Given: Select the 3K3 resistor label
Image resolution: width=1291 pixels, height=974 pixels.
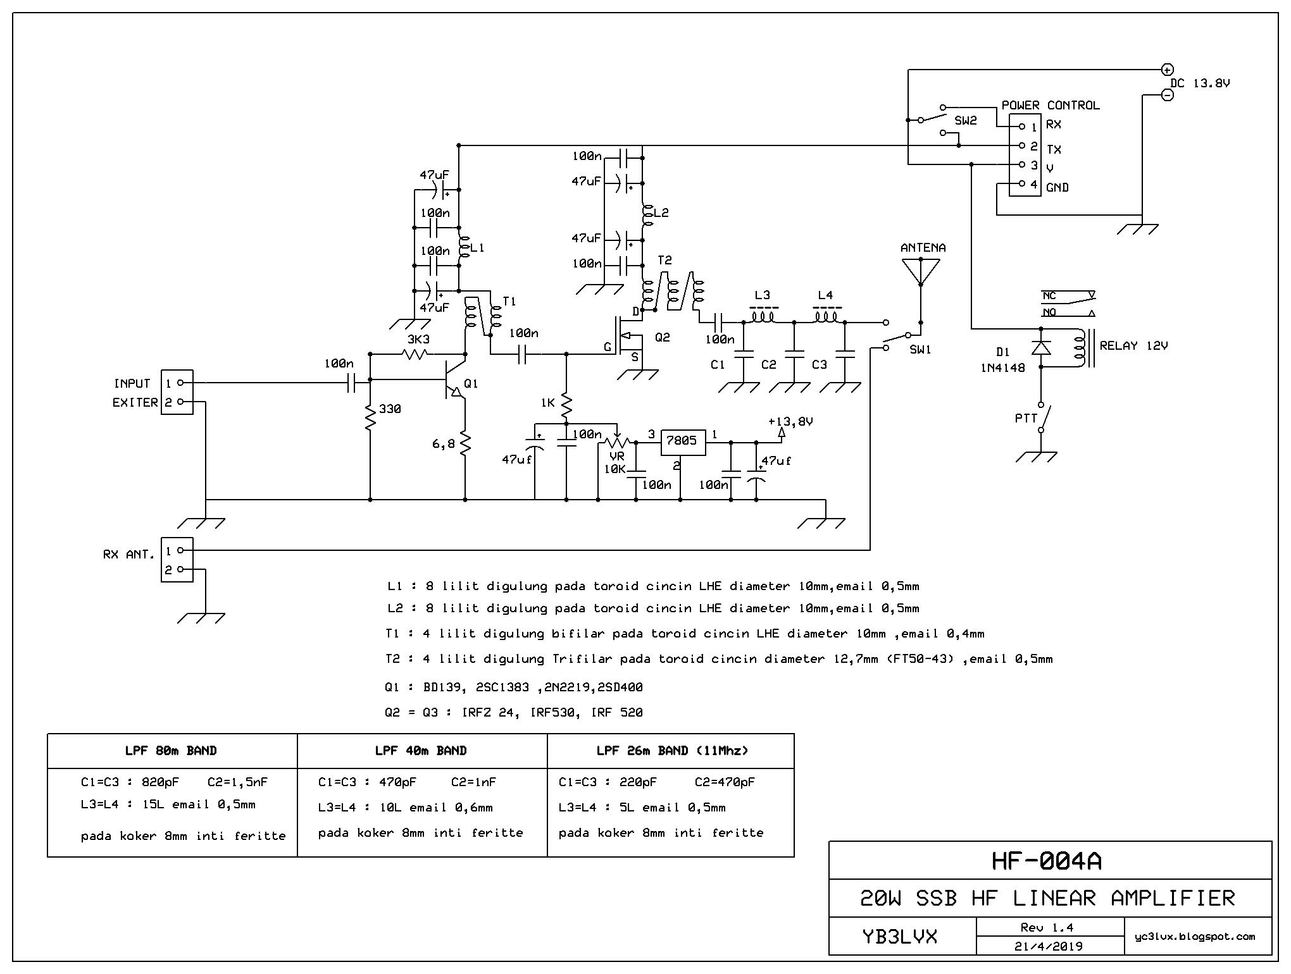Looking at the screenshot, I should coord(418,340).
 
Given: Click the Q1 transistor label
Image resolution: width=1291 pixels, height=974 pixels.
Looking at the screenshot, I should coord(471,384).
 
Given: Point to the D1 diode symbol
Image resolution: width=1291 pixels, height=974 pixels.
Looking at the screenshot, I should coord(1041,348).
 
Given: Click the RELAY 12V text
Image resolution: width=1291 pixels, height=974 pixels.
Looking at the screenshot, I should coord(1133,346).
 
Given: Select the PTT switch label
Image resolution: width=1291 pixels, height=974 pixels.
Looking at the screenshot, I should coord(1026,418).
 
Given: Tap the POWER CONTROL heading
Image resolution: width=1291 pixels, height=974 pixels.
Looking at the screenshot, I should coord(1051,106).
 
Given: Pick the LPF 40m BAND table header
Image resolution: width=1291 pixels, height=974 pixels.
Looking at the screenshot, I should coord(421,751).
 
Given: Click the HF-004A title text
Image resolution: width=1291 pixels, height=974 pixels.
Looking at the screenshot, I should coord(1050,861).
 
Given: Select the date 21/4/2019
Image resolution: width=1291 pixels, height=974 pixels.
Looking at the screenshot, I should coord(1049,947).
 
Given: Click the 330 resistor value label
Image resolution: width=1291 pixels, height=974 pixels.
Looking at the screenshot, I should coord(390,409).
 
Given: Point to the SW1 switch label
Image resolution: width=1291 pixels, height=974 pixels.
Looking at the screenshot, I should coord(920,350).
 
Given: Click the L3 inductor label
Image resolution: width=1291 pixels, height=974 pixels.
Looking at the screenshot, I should coord(762,295).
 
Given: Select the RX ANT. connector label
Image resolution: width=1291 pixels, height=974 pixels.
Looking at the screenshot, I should coord(128,555).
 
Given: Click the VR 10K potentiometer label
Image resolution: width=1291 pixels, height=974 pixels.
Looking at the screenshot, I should coord(615,462).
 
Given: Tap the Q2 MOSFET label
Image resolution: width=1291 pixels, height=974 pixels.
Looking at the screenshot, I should coord(662,338).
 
